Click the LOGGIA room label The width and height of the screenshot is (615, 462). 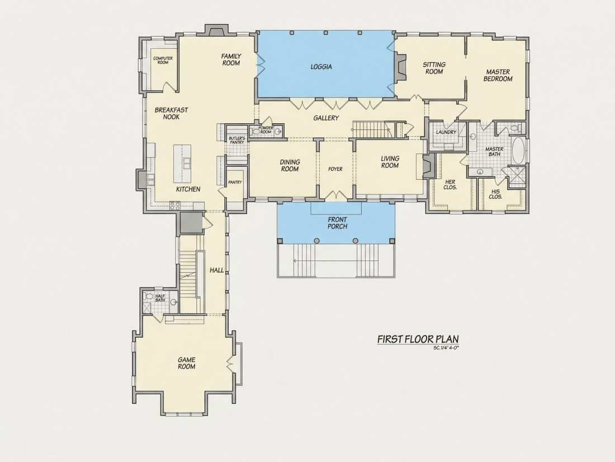tap(321, 67)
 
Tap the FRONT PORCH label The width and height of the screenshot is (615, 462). tap(337, 223)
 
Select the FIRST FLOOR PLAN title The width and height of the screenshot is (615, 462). tap(418, 339)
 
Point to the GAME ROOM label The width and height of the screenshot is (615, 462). tap(187, 363)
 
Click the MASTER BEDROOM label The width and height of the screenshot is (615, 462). tap(498, 76)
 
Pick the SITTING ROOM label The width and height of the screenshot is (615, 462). tap(434, 68)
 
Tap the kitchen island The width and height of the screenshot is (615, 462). tap(182, 163)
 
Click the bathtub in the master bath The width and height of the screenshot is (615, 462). tap(518, 151)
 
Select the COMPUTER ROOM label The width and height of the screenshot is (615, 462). tap(163, 60)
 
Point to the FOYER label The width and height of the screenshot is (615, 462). tap(335, 169)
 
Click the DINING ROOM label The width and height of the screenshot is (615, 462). tap(290, 165)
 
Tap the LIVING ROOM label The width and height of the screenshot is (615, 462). tap(390, 162)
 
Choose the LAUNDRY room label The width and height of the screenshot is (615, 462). tap(446, 132)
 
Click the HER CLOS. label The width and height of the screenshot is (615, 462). tap(450, 185)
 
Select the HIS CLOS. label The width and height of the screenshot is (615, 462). tap(496, 194)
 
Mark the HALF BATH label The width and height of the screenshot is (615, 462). tap(160, 298)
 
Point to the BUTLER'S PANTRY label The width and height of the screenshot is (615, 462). tap(237, 140)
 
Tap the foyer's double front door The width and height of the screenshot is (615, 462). tap(335, 195)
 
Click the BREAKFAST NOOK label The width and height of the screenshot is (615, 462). tap(172, 114)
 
